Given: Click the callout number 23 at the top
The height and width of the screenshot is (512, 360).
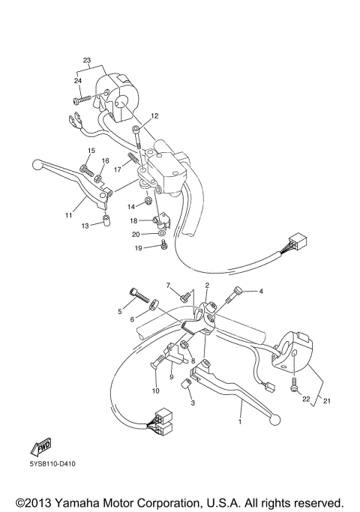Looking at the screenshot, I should coord(87,61).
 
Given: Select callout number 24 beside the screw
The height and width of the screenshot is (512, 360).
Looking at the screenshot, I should coord(77,80).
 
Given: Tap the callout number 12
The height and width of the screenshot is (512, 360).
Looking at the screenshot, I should coord(154,116).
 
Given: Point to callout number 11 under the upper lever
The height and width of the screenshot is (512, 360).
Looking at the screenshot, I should coord(69,214).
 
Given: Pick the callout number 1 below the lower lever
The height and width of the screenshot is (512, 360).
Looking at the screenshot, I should coord(241,423).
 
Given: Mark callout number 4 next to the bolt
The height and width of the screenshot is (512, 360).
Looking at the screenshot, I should coord(261,291).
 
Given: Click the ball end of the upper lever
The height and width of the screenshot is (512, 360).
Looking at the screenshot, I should coord(39,163).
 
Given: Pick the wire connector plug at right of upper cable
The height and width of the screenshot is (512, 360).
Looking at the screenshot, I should coord(296,244).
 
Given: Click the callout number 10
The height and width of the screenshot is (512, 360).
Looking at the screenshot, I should coord(156,391).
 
